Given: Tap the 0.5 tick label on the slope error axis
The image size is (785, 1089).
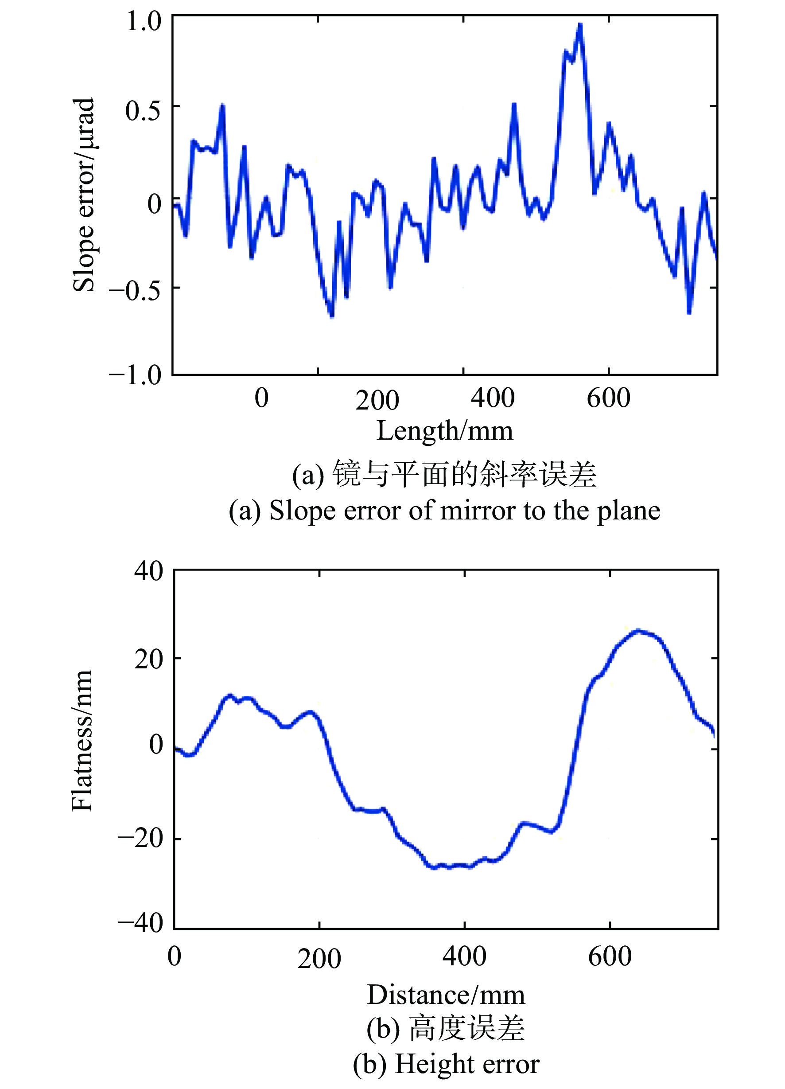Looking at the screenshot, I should point(143,110).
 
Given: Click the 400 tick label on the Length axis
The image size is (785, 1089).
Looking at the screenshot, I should point(492,398).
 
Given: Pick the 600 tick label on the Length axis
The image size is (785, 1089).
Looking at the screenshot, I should point(608,398).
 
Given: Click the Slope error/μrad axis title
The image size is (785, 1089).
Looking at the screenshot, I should point(84,195).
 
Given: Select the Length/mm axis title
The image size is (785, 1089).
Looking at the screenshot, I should point(445,431).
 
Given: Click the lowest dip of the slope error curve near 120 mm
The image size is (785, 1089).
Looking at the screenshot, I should point(331,316).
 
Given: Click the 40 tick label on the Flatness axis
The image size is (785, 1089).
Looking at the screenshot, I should point(149,571).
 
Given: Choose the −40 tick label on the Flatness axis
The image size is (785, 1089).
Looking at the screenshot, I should point(140,922).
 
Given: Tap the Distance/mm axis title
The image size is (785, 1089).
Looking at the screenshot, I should point(446,995).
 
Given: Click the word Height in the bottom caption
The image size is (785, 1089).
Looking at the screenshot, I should point(426,1064).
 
